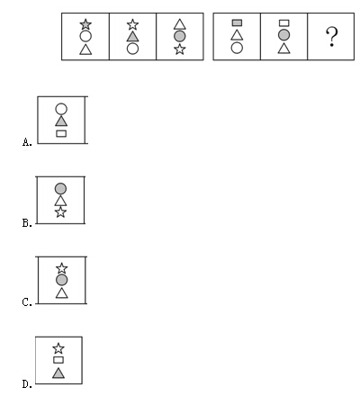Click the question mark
(332, 37)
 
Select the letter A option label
(27, 142)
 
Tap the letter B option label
(27, 223)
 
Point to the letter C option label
(27, 302)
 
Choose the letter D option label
(27, 383)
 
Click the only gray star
(85, 24)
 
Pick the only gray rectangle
(237, 22)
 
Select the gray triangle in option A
(61, 121)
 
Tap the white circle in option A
(61, 109)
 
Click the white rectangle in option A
(61, 133)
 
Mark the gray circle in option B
(60, 188)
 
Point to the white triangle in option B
(60, 201)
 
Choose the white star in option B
(60, 212)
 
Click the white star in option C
(62, 268)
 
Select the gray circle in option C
(62, 280)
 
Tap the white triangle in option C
(62, 292)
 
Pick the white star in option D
(58, 348)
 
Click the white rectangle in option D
(58, 360)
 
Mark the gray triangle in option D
(58, 373)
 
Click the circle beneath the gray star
(85, 36)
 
